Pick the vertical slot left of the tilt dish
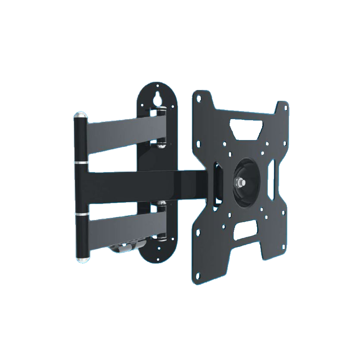[x=218, y=184]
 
